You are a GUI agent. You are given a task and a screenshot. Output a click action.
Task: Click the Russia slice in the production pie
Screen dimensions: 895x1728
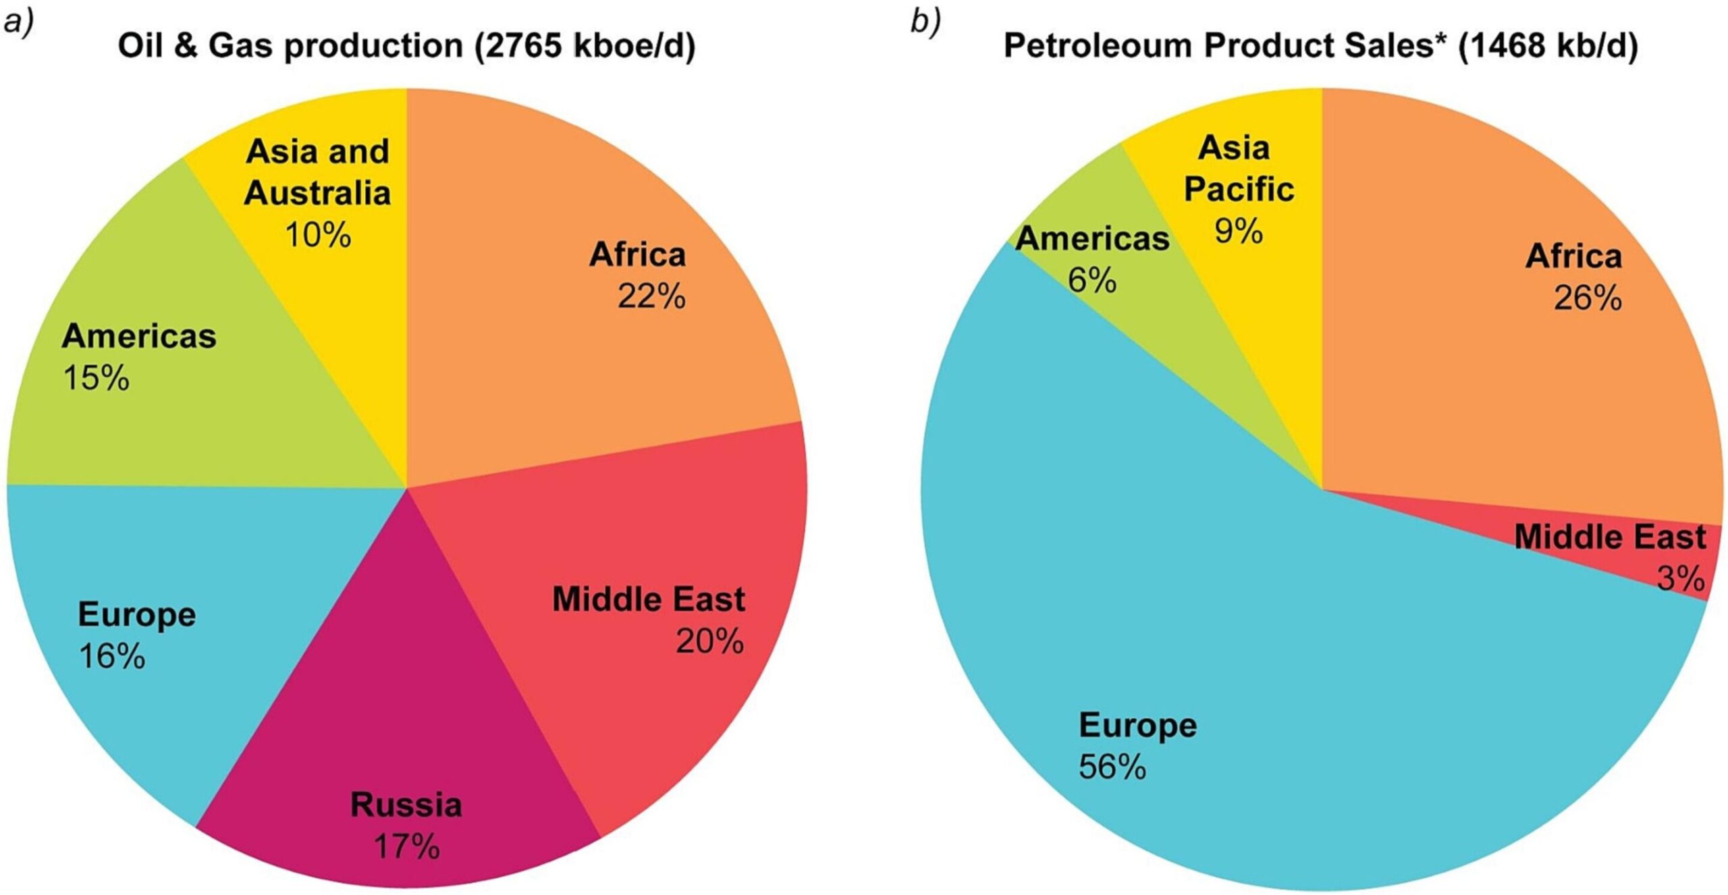pos(405,709)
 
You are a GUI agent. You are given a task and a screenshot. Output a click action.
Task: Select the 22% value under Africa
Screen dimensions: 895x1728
pos(651,296)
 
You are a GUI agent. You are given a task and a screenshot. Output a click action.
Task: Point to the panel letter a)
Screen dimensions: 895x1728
pos(18,22)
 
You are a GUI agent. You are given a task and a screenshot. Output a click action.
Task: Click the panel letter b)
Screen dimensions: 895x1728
pos(925,22)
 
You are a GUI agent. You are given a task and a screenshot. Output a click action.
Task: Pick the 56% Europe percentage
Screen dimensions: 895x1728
pos(1112,767)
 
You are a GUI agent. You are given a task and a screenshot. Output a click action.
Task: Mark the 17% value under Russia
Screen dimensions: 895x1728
pos(406,846)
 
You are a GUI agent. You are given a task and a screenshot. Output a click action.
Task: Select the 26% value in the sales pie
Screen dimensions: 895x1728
pos(1588,298)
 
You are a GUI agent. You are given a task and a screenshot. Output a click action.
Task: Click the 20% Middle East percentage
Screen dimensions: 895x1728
pos(710,641)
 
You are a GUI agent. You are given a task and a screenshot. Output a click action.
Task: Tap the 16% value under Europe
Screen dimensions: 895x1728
pos(112,656)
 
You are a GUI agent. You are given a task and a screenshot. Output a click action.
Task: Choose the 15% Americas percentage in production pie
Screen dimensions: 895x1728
pos(96,378)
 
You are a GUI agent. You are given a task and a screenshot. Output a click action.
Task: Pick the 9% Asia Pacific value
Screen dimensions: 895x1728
pos(1239,232)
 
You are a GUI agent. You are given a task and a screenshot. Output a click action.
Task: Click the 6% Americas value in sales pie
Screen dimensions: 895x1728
pos(1092,280)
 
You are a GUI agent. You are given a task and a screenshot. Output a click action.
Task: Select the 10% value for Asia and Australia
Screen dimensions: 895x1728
pos(318,235)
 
